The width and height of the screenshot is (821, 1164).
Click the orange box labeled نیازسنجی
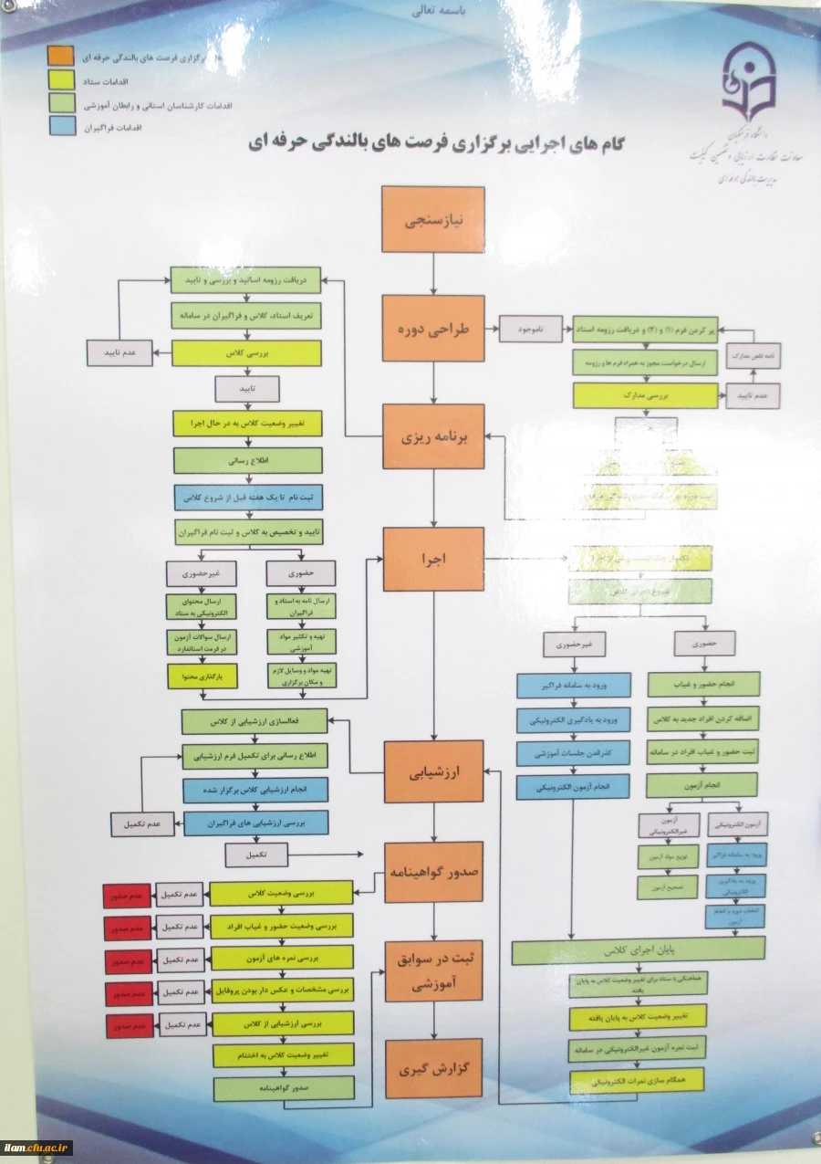[432, 219]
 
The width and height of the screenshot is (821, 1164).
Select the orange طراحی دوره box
[432, 329]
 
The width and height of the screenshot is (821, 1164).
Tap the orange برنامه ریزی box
[432, 437]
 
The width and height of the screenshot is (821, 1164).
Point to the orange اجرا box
[432, 560]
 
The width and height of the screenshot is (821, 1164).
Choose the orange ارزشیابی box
[433, 771]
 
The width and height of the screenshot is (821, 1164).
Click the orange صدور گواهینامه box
[432, 872]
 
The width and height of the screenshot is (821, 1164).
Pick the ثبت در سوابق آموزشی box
[432, 970]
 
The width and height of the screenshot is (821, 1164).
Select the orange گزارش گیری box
[432, 1068]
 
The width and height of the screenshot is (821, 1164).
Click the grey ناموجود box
[531, 328]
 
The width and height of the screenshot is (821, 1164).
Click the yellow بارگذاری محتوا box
[202, 676]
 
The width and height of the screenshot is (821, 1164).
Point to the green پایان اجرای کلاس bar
[638, 951]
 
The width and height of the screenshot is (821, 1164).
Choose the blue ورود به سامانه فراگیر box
[574, 685]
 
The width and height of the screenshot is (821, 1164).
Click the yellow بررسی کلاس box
[246, 352]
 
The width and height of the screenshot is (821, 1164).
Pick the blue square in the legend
[60, 128]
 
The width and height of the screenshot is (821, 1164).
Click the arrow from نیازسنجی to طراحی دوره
[432, 273]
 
